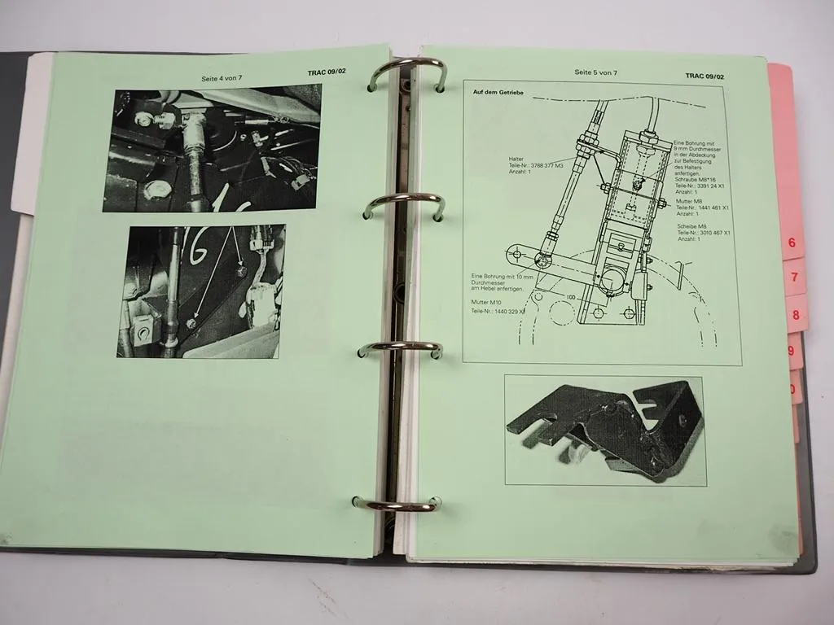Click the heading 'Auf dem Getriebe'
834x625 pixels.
[498, 92]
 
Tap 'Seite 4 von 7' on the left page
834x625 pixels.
[224, 78]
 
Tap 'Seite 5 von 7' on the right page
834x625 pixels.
[595, 72]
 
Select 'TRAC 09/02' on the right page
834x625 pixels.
[705, 76]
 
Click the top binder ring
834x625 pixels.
[406, 73]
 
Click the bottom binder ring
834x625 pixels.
[397, 504]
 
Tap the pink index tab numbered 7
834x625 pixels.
[793, 278]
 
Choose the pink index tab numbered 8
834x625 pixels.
[796, 315]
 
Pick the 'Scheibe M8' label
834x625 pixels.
[691, 225]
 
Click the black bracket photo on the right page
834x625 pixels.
[604, 429]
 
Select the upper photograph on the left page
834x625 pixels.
[212, 147]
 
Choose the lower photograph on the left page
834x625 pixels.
[201, 291]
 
